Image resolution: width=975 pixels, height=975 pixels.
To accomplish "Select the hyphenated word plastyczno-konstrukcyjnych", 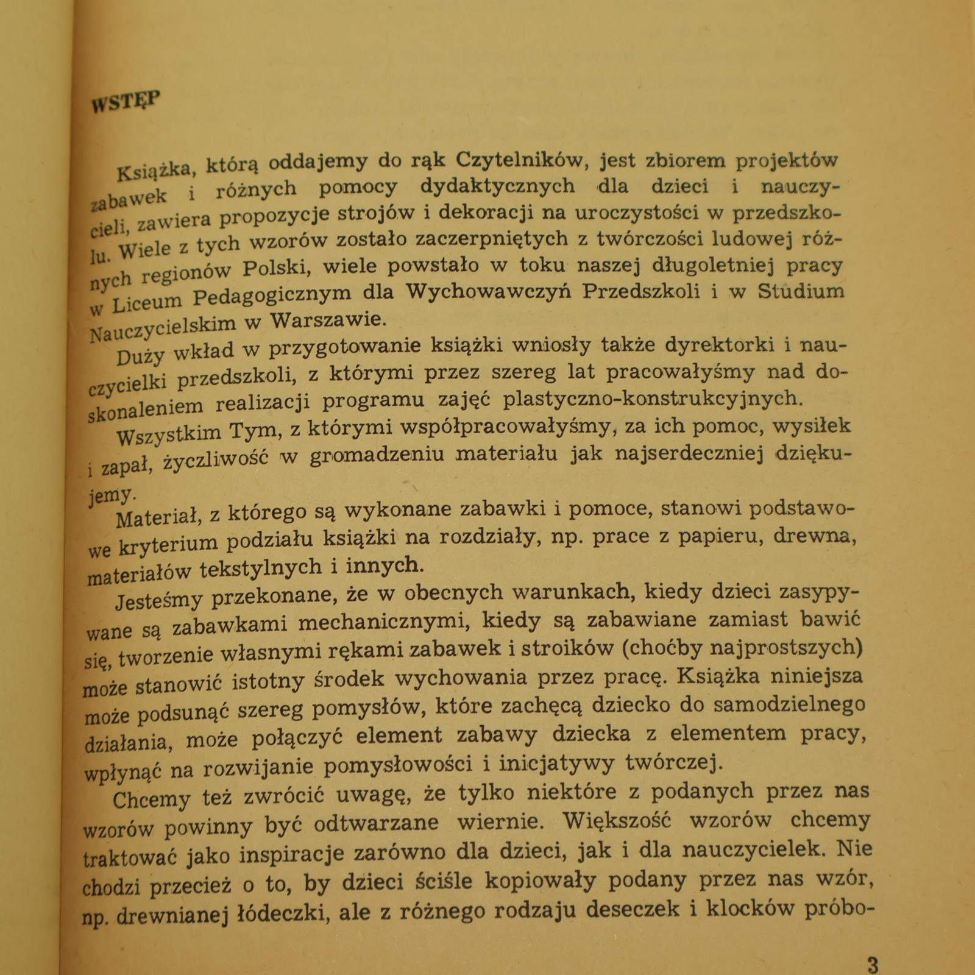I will coord(650,399).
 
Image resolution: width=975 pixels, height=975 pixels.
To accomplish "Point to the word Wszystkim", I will coord(169,433).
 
